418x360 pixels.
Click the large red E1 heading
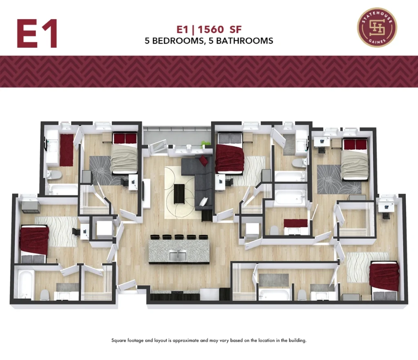coord(37,33)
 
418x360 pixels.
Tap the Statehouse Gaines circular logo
coord(377,27)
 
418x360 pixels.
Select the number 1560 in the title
coord(211,29)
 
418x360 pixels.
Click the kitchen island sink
coord(178,256)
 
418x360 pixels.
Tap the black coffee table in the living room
coord(180,194)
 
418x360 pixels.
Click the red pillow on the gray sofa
coord(203,161)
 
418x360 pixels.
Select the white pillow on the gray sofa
coord(203,202)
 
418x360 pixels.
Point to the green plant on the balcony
coord(205,144)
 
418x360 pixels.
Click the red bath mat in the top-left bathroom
coord(67,150)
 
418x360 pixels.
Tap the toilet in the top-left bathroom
coord(54,175)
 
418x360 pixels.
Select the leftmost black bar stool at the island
coord(154,237)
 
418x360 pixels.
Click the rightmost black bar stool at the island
coord(203,237)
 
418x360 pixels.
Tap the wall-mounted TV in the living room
coord(143,191)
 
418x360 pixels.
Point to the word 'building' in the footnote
coord(298,340)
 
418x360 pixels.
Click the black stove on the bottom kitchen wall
coord(175,296)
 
